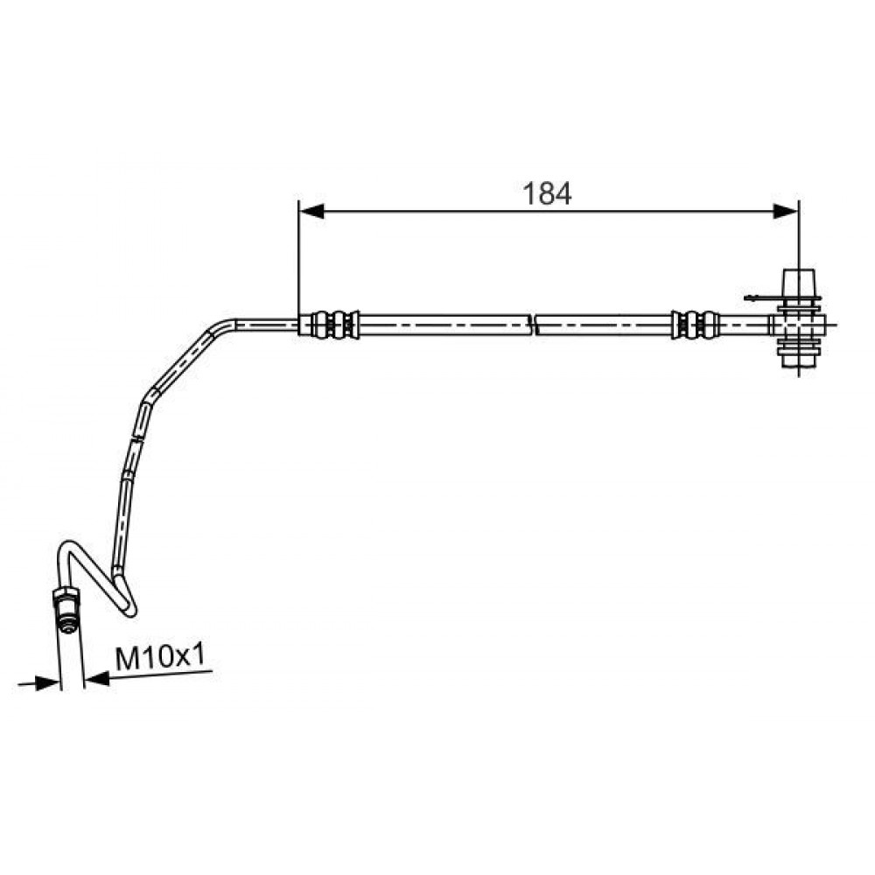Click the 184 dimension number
547,193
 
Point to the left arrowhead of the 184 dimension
311,211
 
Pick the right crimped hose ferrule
695,324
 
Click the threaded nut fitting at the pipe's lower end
66,609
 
